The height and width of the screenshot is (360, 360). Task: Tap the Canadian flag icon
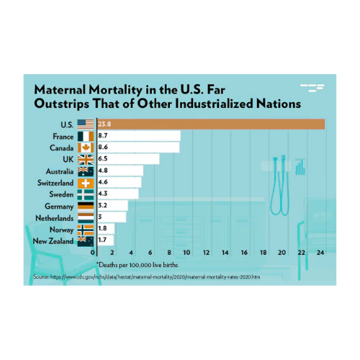click(x=85, y=147)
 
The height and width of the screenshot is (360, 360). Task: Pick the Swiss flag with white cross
click(x=85, y=183)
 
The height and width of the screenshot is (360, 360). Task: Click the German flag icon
click(x=85, y=206)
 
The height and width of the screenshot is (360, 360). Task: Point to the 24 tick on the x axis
click(x=320, y=253)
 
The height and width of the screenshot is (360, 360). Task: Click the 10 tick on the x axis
click(x=187, y=253)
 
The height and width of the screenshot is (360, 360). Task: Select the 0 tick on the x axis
click(x=93, y=253)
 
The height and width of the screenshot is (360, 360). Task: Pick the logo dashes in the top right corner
click(x=312, y=88)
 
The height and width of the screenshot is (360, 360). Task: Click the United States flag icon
click(x=85, y=124)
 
